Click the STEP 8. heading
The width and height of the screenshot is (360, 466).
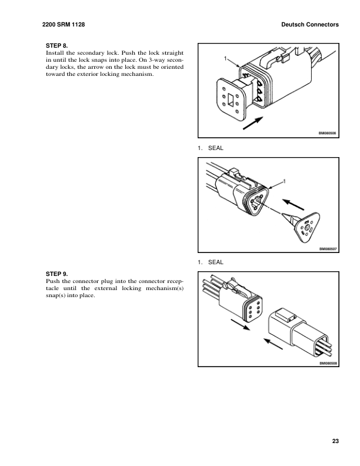(56, 45)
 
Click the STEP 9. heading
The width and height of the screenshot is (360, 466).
(56, 274)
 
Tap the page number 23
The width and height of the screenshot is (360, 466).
(335, 441)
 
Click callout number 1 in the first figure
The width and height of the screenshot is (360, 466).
(225, 58)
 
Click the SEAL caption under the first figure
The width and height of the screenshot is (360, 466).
(215, 147)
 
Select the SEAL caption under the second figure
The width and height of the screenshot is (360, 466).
(215, 262)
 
